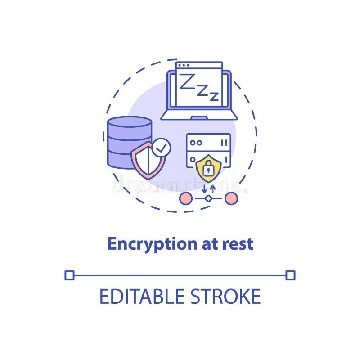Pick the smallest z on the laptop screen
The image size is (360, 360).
[x=214, y=96]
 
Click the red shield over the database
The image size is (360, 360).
[x=147, y=160]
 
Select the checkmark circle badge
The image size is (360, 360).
[x=161, y=148]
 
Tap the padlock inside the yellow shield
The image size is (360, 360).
[x=208, y=170]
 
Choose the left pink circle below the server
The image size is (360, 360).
[x=185, y=198]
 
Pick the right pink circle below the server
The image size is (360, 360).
[x=231, y=198]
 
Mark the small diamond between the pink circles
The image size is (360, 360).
[x=208, y=198]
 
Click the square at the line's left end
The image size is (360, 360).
[x=69, y=275]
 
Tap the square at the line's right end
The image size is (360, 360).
[x=290, y=275]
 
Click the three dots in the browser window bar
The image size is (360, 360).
[x=183, y=65]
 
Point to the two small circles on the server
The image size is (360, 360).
[x=196, y=143]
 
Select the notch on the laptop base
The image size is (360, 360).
[x=199, y=118]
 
